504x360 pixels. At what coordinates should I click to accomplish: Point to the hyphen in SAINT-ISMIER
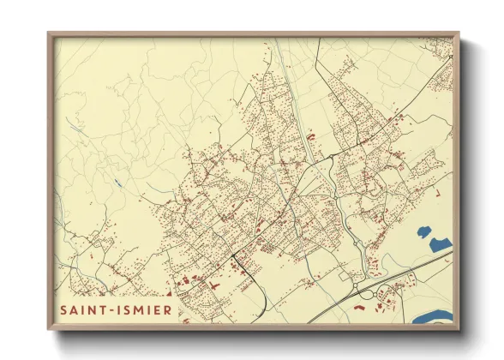point(118,309)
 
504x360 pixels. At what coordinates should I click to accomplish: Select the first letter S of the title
point(64,309)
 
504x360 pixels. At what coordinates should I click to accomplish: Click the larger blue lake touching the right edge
point(439,246)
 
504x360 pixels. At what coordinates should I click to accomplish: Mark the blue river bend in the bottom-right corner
point(433,317)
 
